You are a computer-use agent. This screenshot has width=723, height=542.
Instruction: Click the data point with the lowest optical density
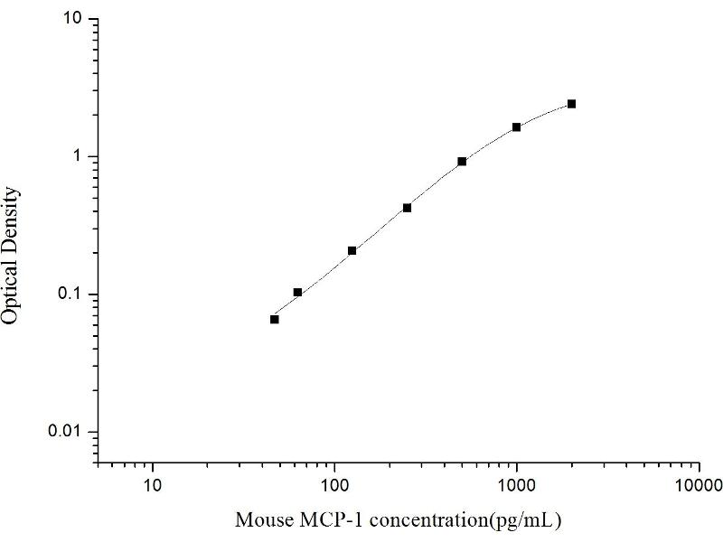(x=274, y=319)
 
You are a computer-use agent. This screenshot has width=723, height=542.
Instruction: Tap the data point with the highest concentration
(x=571, y=104)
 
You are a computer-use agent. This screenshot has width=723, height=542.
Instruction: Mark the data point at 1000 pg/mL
(x=517, y=127)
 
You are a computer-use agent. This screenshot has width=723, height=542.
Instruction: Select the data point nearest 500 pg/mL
(x=462, y=162)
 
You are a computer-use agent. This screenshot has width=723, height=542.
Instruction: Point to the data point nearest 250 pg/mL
(x=408, y=208)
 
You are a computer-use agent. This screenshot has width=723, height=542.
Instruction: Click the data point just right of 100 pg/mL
(x=352, y=250)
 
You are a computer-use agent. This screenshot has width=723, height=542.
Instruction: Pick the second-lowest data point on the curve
(x=297, y=293)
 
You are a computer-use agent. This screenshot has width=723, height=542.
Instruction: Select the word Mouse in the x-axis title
(x=259, y=521)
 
